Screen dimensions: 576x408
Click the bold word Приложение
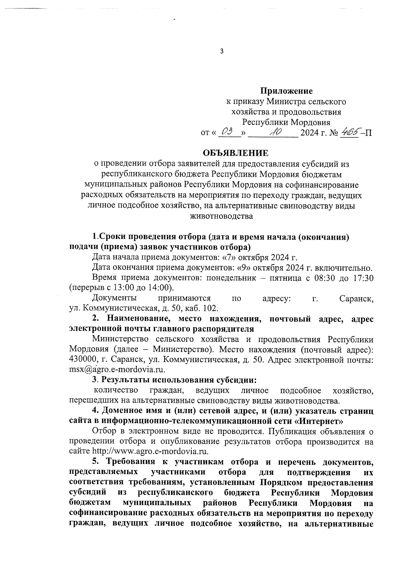286,91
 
